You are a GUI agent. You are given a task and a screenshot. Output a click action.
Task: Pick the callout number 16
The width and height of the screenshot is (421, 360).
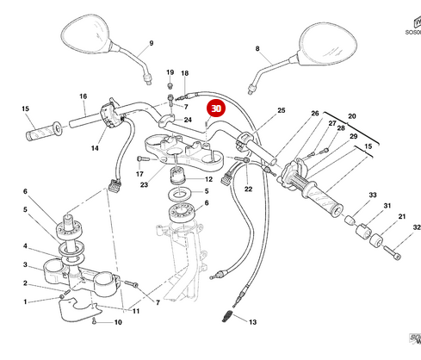(83, 96)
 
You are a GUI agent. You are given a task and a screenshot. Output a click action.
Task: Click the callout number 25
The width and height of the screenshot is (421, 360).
(280, 110)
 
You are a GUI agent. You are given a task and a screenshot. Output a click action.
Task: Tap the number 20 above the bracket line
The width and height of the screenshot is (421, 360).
(351, 115)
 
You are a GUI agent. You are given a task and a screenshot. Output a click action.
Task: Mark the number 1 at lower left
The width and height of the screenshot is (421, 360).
(25, 301)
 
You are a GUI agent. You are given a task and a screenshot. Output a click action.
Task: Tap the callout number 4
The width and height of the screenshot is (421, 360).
(25, 245)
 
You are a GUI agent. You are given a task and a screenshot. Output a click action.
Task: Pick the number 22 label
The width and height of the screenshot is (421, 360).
(248, 189)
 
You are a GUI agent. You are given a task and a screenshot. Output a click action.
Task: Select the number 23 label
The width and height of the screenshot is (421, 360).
(144, 184)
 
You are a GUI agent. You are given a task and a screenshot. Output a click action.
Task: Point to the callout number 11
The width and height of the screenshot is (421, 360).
(135, 310)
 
